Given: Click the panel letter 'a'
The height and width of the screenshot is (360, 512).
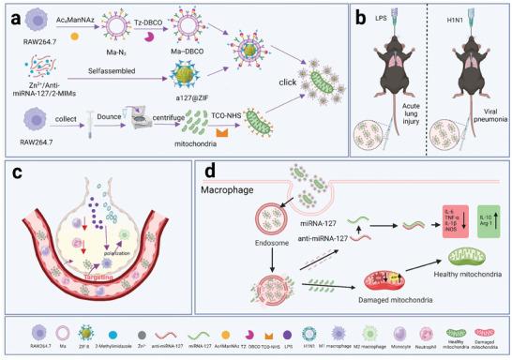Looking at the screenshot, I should tap(13, 18).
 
